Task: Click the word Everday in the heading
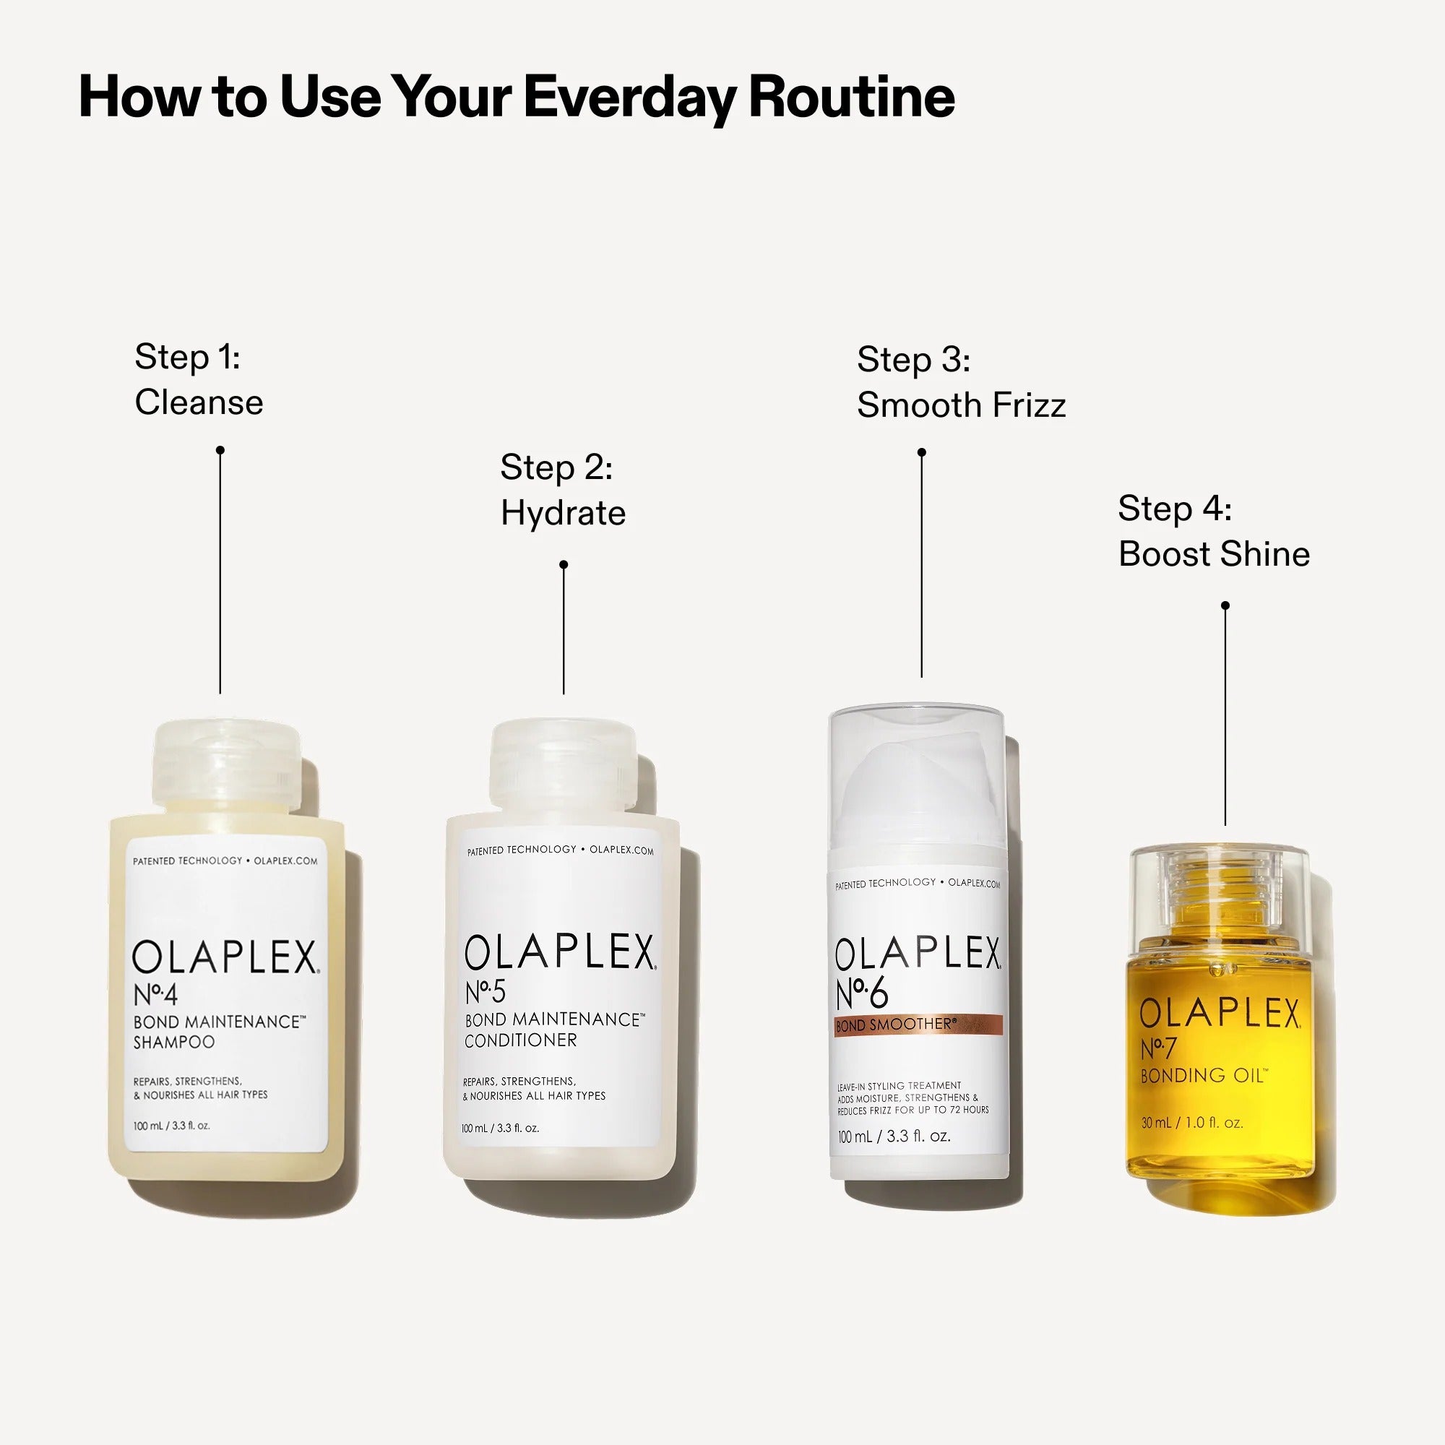point(629,98)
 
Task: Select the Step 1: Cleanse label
point(198,379)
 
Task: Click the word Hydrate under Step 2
point(562,513)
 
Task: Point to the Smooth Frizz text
point(960,405)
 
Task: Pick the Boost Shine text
point(1213,554)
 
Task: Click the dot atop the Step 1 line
point(220,450)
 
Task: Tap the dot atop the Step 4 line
point(1225,605)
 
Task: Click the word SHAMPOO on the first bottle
point(173,1042)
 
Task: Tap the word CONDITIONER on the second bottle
point(520,1040)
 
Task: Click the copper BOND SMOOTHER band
point(918,1025)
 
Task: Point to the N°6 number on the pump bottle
point(862,993)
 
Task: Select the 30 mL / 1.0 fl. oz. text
point(1191,1123)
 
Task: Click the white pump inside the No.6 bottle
point(916,785)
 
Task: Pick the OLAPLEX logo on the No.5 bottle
point(559,953)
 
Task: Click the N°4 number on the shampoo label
point(155,995)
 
